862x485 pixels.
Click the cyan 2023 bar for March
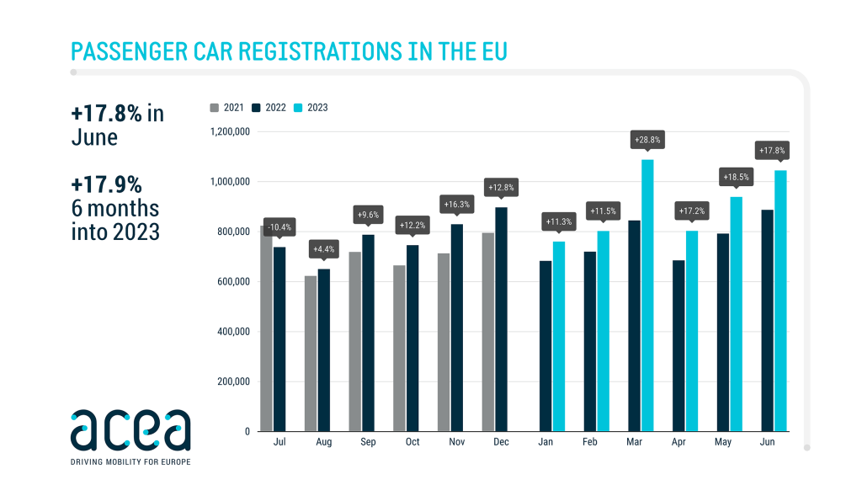point(647,295)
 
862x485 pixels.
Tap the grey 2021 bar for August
point(311,354)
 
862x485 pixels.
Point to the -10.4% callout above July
point(279,227)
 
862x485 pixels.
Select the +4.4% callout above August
point(323,249)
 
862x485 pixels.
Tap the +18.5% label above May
point(736,177)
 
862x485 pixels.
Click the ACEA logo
point(130,430)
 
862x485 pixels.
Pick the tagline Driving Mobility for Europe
point(130,461)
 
